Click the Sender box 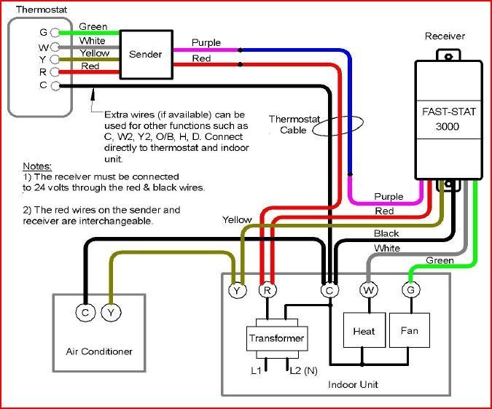(x=145, y=55)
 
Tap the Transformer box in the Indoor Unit (x=276, y=338)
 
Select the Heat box (x=364, y=331)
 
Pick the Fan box (x=410, y=331)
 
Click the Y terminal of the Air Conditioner (x=110, y=313)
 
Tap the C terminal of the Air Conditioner (x=86, y=313)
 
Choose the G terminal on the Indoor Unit (x=410, y=290)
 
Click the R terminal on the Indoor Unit (x=267, y=290)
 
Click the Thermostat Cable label (x=289, y=124)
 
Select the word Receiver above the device (x=445, y=36)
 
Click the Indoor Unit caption (x=354, y=384)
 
